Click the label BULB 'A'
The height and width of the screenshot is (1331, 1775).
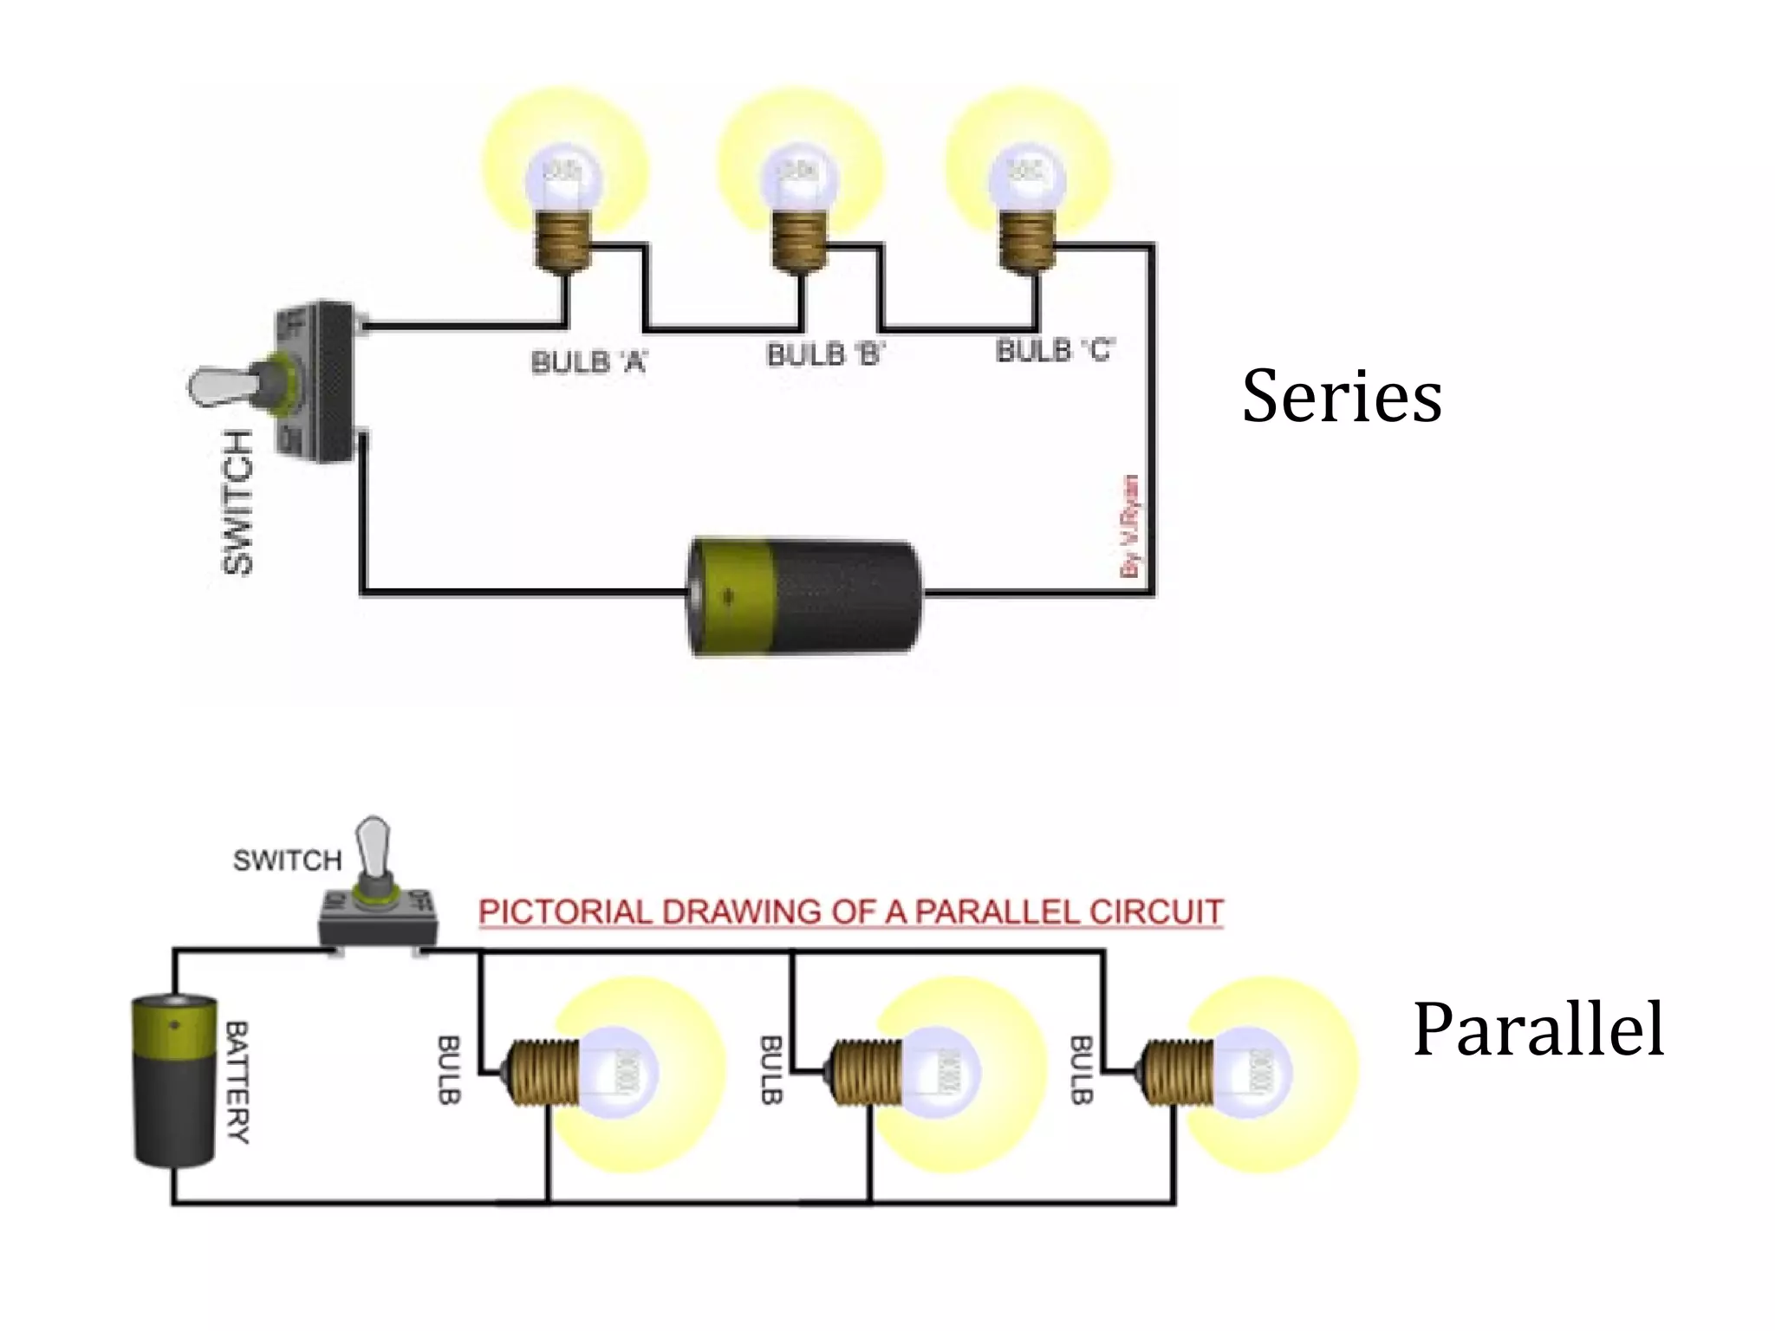pyautogui.click(x=588, y=361)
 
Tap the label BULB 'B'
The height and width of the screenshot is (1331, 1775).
pyautogui.click(x=824, y=354)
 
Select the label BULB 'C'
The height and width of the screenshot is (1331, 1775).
pyautogui.click(x=1055, y=350)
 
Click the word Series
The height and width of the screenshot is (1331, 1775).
pyautogui.click(x=1342, y=396)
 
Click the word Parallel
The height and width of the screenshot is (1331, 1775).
pyautogui.click(x=1538, y=1029)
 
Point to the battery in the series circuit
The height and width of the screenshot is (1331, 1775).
pyautogui.click(x=804, y=597)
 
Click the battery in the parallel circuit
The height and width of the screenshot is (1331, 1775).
pyautogui.click(x=174, y=1081)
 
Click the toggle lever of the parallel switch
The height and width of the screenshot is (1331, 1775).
pyautogui.click(x=374, y=845)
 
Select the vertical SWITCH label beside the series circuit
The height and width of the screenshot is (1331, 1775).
pyautogui.click(x=237, y=502)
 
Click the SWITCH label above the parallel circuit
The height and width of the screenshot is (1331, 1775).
pyautogui.click(x=287, y=860)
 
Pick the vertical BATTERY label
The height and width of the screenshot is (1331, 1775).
pyautogui.click(x=237, y=1082)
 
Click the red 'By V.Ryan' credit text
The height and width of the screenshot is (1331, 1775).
pyautogui.click(x=1130, y=525)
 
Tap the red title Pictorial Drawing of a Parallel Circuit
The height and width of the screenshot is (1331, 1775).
pyautogui.click(x=850, y=912)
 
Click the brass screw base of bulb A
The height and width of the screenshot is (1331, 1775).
pyautogui.click(x=562, y=241)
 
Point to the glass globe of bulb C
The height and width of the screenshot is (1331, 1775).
pyautogui.click(x=1027, y=178)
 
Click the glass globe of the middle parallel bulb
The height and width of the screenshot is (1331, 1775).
pyautogui.click(x=940, y=1073)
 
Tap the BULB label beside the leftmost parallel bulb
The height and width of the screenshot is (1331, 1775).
pyautogui.click(x=448, y=1069)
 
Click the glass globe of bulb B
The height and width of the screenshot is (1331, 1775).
pyautogui.click(x=799, y=178)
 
